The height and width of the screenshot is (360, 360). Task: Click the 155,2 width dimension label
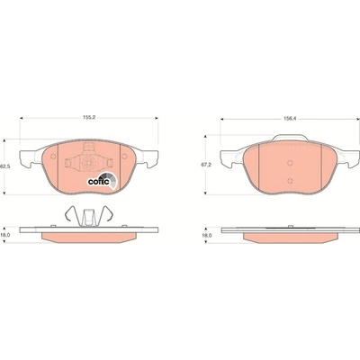89,118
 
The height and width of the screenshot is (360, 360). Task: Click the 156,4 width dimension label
290,119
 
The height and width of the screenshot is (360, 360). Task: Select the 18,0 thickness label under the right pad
206,236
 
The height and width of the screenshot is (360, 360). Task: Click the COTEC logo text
95,182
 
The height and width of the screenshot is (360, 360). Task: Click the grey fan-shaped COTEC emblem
109,180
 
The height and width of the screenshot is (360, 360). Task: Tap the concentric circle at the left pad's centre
89,163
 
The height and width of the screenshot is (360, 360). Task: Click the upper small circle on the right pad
290,163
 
